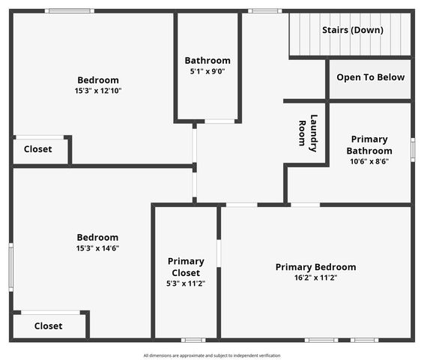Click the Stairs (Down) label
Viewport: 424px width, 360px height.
point(352,30)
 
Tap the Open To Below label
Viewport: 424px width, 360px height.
point(370,77)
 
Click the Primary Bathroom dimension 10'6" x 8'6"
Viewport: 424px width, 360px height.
point(369,160)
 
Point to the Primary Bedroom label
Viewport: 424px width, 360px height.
point(315,267)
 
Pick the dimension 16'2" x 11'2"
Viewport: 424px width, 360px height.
point(315,277)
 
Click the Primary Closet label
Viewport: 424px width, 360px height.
point(186,266)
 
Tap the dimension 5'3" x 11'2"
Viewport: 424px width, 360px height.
point(186,283)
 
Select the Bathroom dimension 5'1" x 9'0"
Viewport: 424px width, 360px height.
point(208,72)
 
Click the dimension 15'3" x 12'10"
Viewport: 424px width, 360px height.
point(97,91)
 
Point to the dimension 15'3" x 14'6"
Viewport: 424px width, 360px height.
point(97,248)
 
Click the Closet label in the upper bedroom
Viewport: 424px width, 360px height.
point(37,149)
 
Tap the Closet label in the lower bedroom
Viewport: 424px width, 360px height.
point(48,326)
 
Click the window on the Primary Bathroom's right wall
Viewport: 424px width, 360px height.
point(412,148)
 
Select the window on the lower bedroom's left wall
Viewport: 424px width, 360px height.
point(10,267)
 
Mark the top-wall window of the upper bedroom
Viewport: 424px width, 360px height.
point(69,11)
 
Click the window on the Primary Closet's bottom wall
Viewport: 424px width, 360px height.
point(193,340)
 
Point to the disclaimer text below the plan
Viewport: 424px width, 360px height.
point(212,355)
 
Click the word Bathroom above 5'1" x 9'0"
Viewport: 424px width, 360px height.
point(208,61)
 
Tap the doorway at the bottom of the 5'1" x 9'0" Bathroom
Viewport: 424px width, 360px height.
point(219,121)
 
